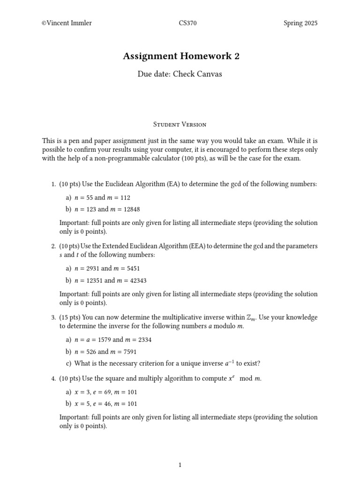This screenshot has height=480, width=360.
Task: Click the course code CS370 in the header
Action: pos(188,23)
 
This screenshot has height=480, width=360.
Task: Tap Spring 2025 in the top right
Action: pos(300,23)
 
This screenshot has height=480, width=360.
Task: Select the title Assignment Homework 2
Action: pos(181,56)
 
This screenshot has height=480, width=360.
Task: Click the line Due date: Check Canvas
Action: pos(180,74)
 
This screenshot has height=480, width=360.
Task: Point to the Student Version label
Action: pos(180,124)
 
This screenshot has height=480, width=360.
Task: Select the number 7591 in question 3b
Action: pos(128,352)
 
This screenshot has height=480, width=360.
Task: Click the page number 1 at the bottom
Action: pos(180,465)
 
